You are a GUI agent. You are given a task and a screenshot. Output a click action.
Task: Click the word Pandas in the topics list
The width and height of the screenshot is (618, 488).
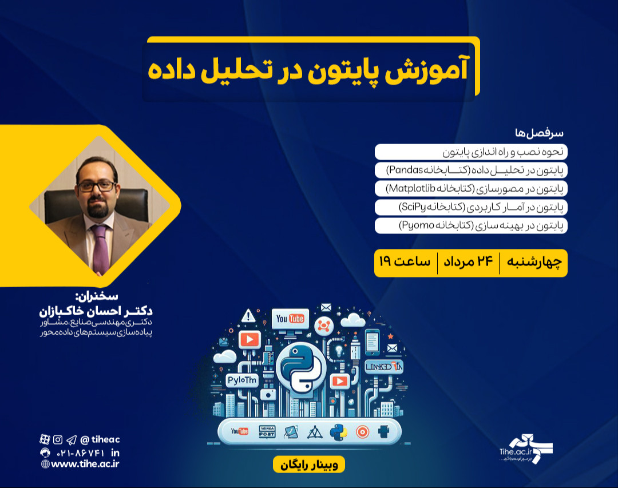tap(404, 170)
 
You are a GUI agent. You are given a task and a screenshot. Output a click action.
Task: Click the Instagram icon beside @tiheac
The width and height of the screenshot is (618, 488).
tap(58, 439)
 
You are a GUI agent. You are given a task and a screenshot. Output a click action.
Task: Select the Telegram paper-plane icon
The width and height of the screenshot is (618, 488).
tap(71, 439)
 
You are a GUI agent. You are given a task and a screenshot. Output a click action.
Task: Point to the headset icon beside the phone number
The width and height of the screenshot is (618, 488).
tap(45, 452)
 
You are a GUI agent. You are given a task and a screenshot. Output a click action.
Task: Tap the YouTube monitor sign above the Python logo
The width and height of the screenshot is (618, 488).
tap(290, 319)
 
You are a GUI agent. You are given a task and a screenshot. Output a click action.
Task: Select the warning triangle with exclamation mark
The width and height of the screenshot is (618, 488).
tap(248, 315)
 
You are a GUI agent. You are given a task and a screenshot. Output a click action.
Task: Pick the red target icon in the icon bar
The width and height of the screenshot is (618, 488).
tap(362, 432)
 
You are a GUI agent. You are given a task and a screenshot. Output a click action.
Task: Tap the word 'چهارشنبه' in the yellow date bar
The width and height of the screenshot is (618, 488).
tap(534, 263)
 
